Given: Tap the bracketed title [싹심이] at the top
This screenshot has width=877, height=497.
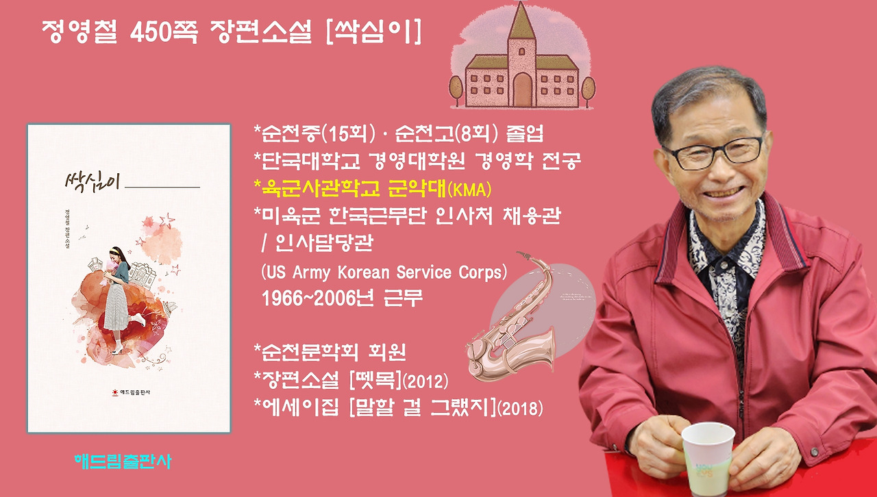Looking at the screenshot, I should pyautogui.click(x=373, y=31).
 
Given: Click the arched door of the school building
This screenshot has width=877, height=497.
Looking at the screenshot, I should pyautogui.click(x=522, y=88).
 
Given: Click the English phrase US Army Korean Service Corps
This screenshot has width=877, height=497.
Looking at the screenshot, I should pyautogui.click(x=384, y=272).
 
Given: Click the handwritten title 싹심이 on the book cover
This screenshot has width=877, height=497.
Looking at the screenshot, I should pyautogui.click(x=92, y=181).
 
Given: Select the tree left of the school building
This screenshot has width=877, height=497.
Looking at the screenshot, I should pyautogui.click(x=456, y=89).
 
